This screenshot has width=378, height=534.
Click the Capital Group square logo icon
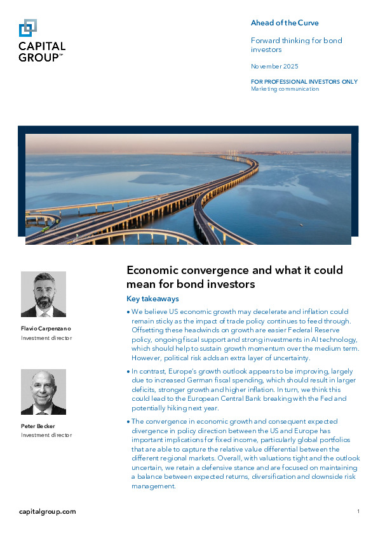pyautogui.click(x=28, y=29)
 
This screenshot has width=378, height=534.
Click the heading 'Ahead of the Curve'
pyautogui.click(x=285, y=23)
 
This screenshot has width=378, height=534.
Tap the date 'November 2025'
pyautogui.click(x=274, y=66)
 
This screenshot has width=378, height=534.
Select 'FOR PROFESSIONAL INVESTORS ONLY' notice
pyautogui.click(x=304, y=82)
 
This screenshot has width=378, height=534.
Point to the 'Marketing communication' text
pyautogui.click(x=285, y=89)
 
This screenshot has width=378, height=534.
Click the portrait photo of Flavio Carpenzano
pyautogui.click(x=43, y=294)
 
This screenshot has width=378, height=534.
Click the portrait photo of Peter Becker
pyautogui.click(x=43, y=392)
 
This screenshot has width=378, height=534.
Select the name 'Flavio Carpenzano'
pyautogui.click(x=46, y=329)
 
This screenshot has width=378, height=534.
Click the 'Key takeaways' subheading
pyautogui.click(x=153, y=299)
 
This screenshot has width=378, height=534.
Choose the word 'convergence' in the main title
pyautogui.click(x=216, y=271)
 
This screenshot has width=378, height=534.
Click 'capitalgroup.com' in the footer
pyautogui.click(x=48, y=511)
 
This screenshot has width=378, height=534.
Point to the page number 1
pyautogui.click(x=358, y=511)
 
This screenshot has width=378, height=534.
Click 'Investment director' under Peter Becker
pyautogui.click(x=46, y=435)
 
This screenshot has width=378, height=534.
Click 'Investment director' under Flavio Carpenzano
pyautogui.click(x=46, y=338)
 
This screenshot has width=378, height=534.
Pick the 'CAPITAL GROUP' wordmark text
pyautogui.click(x=42, y=51)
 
